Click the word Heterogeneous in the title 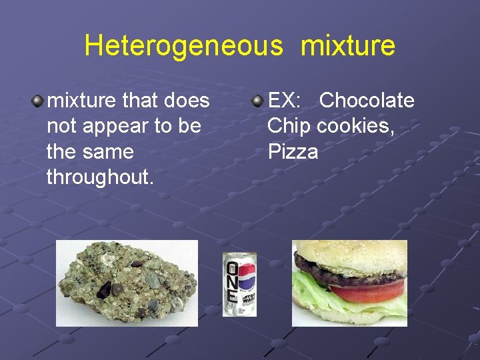click(x=183, y=46)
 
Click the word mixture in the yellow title click(x=348, y=46)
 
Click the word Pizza click(x=293, y=152)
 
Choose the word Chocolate click(x=367, y=101)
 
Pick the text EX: click(x=285, y=101)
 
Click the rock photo click(x=127, y=283)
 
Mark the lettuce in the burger click(x=313, y=293)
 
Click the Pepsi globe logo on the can click(x=247, y=274)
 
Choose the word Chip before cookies click(x=289, y=126)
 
